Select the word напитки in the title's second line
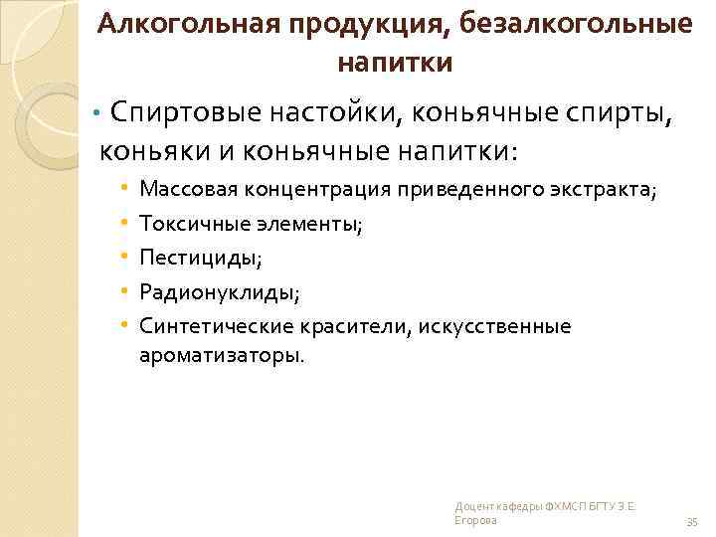tap(395, 63)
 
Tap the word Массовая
tap(186, 189)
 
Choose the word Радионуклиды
tap(217, 292)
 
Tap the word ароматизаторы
tap(223, 354)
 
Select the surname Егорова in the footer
tap(476, 520)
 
